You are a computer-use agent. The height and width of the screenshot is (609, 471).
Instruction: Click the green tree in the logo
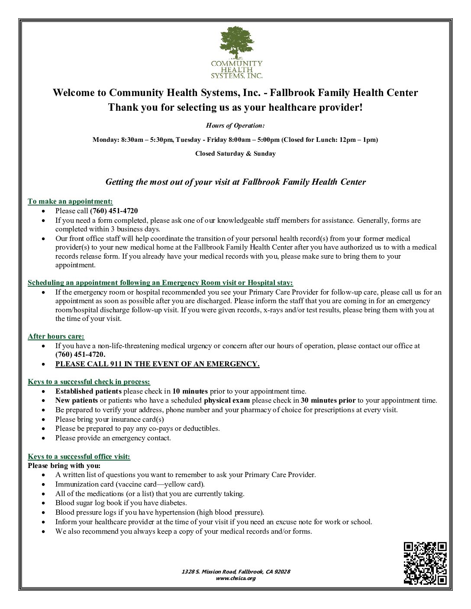pos(236,42)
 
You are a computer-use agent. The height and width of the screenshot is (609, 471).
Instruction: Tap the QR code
pos(425,563)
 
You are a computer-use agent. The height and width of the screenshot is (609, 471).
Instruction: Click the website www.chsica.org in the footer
pos(235,578)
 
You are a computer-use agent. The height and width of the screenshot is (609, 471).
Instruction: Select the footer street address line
pos(235,571)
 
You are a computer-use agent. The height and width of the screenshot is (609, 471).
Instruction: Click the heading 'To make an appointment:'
pos(70,201)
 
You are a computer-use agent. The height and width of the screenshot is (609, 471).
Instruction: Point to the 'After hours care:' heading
pos(56,336)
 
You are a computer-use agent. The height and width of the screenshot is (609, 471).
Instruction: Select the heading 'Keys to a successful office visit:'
pos(79,456)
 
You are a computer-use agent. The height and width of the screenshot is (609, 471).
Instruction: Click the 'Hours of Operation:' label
pos(235,125)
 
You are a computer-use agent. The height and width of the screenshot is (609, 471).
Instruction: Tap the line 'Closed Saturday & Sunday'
pos(235,154)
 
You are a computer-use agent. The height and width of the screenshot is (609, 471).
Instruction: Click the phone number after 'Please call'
pos(114,211)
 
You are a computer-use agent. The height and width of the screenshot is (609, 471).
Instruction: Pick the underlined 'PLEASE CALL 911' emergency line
pos(157,364)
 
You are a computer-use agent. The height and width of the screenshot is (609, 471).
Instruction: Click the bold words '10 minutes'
pos(190,391)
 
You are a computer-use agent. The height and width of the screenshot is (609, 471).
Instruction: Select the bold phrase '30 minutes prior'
pos(328,401)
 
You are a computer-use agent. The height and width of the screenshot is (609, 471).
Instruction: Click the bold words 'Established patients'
pos(88,391)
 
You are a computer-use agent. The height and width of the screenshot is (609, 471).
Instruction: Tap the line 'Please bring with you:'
pos(64,465)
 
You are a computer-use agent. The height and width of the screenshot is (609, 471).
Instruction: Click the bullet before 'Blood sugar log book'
pos(44,503)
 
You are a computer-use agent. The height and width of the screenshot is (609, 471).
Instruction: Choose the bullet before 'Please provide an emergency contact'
pos(44,438)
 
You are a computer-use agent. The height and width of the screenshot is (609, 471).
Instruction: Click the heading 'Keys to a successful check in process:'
pos(89,381)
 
